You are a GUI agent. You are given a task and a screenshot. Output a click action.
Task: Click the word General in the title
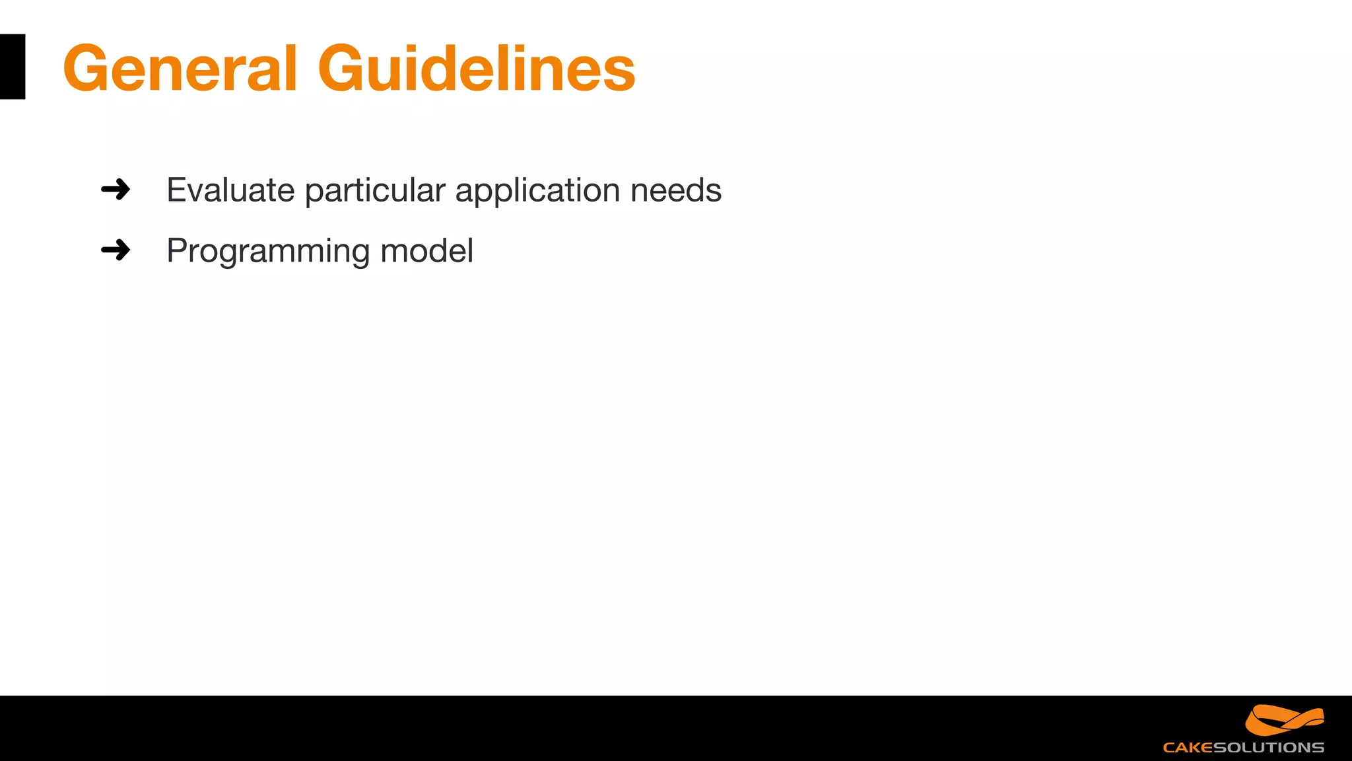pyautogui.click(x=180, y=68)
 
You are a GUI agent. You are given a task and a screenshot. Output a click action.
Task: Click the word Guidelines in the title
pyautogui.click(x=476, y=68)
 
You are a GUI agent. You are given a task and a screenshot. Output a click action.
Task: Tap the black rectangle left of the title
pyautogui.click(x=13, y=67)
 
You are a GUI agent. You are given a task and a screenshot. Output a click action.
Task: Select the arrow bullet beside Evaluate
pyautogui.click(x=116, y=190)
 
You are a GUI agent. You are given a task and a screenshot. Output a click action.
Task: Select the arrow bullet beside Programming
pyautogui.click(x=116, y=250)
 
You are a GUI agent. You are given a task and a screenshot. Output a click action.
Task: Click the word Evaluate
pyautogui.click(x=230, y=190)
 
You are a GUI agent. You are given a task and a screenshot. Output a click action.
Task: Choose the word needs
pyautogui.click(x=675, y=190)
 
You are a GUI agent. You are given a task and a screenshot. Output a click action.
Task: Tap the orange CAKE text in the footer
pyautogui.click(x=1188, y=748)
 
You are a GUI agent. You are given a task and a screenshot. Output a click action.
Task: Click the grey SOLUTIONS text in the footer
pyautogui.click(x=1268, y=748)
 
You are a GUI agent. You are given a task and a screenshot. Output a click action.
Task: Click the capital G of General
pyautogui.click(x=89, y=69)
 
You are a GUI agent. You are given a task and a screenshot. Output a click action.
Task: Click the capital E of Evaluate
pyautogui.click(x=178, y=190)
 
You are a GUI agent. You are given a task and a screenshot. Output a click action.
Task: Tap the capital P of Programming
pyautogui.click(x=179, y=251)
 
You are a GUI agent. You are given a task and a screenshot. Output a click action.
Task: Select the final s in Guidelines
pyautogui.click(x=619, y=73)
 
